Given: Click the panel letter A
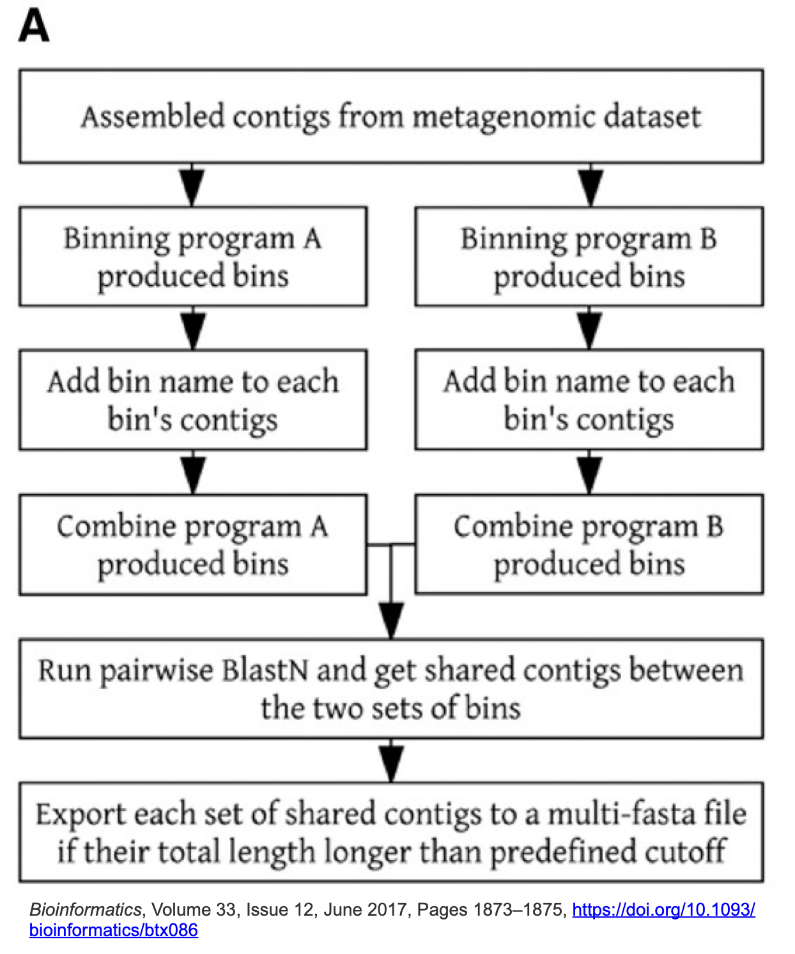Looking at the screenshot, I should point(34,27).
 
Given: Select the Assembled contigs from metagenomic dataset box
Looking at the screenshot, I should point(391,116).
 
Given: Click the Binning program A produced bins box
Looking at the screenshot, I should point(193,257).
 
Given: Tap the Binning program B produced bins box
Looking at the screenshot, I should point(589,257).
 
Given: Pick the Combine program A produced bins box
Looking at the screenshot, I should point(193,545).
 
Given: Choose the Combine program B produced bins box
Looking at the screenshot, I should point(589,545).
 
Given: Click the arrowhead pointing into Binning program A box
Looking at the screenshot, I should point(193,188).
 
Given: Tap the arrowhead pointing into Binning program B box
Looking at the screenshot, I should point(590,188).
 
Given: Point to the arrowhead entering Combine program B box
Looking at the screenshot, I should point(589,476).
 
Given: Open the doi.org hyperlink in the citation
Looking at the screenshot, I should point(663,909).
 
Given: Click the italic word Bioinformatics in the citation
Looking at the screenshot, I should point(86,909).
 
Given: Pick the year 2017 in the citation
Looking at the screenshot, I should point(389,909).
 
